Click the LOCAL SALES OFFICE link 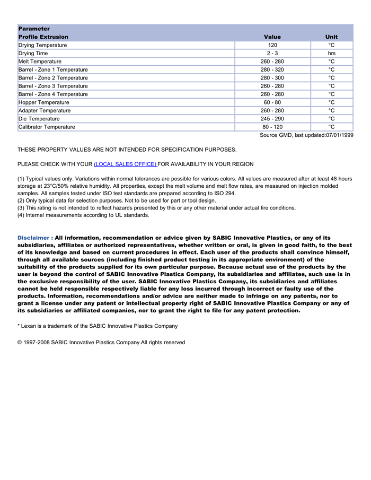[125, 164]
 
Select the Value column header [272, 37]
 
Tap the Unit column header [331, 37]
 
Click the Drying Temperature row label [43, 46]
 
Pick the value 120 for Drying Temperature [272, 46]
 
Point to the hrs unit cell [331, 54]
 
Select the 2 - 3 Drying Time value [272, 54]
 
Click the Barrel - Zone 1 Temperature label [53, 70]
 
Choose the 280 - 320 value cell [272, 70]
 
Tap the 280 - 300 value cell [272, 78]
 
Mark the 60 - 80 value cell [272, 102]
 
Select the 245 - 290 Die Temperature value [272, 119]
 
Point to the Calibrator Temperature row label [47, 127]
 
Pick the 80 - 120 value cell [272, 127]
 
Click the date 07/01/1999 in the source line [340, 135]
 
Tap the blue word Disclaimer [33, 238]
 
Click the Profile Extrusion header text [43, 37]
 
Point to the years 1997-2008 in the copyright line [37, 343]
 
